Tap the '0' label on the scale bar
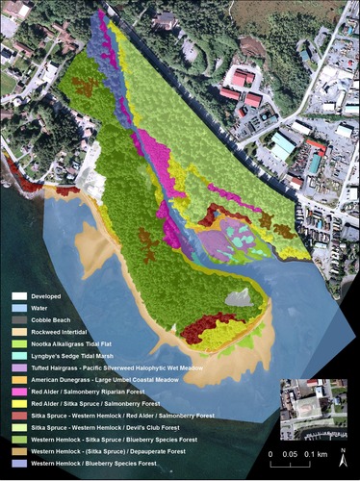point(271,452)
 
